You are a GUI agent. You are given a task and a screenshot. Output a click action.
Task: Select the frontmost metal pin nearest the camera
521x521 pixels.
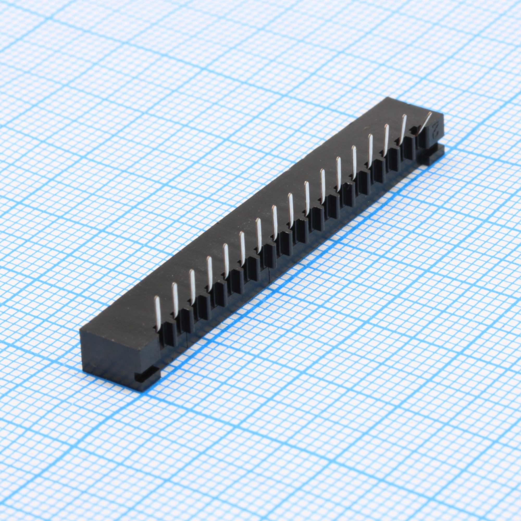click(158, 313)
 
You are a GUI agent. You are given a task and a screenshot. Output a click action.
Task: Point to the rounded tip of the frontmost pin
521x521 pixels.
click(156, 298)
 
